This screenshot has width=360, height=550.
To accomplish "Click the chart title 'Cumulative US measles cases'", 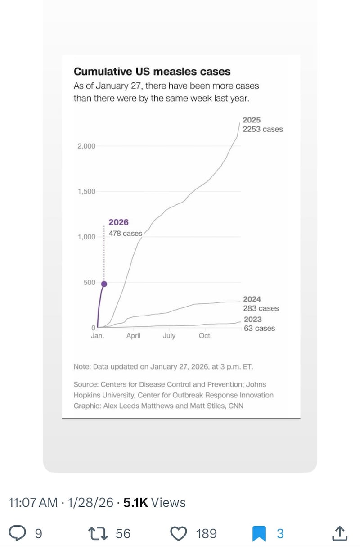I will coord(152,72).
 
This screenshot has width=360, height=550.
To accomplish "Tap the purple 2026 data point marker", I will coord(104,284).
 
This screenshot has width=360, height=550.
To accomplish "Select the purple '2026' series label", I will coord(118,222).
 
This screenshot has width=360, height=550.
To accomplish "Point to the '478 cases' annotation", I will coord(125,234).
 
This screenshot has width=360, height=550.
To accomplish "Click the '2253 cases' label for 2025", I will coord(263,129).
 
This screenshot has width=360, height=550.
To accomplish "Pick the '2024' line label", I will coord(252,299).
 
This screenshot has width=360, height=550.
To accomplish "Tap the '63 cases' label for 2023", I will coord(259,328).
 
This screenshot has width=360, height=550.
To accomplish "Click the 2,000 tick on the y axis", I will coord(86,146).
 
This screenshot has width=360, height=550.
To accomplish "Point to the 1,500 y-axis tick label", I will coord(86,191).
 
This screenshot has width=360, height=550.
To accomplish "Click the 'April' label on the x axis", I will coord(134,336).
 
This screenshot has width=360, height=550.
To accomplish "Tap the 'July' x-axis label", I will coord(169,336).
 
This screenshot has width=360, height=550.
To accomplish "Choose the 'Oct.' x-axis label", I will coord(205,336).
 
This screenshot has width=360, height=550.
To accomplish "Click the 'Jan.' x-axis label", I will coord(98,336).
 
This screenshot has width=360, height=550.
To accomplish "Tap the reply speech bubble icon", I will coord(18,534).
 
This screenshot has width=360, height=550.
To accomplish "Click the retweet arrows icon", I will coord(98,534).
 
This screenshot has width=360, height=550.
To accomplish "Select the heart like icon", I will coord(179,534).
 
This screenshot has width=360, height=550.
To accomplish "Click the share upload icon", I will coord(340,533).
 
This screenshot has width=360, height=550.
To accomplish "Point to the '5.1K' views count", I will coord(135,503).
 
